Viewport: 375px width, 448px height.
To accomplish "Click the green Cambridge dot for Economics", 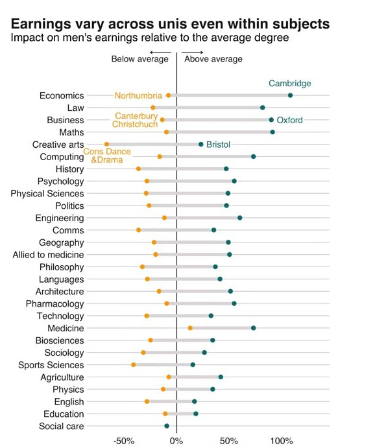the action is (x=290, y=95).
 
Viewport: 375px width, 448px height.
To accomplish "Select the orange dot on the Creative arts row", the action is (x=106, y=145).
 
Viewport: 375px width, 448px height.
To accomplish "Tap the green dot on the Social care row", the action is (x=167, y=426).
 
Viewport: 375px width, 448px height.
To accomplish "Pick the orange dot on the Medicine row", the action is (x=190, y=328).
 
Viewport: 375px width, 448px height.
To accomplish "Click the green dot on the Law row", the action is (x=262, y=108).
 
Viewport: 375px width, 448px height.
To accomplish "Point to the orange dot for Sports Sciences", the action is (x=134, y=364).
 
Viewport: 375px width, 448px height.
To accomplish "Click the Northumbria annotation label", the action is (x=138, y=95).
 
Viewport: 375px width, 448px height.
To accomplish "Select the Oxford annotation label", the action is (x=289, y=120).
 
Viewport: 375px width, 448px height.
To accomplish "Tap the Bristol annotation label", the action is (x=218, y=145).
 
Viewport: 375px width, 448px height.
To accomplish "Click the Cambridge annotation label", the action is (x=290, y=84).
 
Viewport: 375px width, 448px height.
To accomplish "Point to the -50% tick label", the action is (x=124, y=441).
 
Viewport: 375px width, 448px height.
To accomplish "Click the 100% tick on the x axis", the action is (x=282, y=441).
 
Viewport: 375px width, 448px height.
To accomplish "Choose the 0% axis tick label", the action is (x=176, y=441).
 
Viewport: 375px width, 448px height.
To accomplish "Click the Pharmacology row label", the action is (x=55, y=303).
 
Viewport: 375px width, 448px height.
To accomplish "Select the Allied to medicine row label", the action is (x=48, y=255).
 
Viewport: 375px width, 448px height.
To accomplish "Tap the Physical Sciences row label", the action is (x=47, y=193).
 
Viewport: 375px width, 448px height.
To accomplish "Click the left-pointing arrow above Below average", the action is (x=160, y=53).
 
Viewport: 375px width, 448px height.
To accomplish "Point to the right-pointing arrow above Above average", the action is (x=193, y=53).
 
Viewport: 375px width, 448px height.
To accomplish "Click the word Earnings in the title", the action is (x=41, y=24).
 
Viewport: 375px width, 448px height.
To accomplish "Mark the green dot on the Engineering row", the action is (x=240, y=218).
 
